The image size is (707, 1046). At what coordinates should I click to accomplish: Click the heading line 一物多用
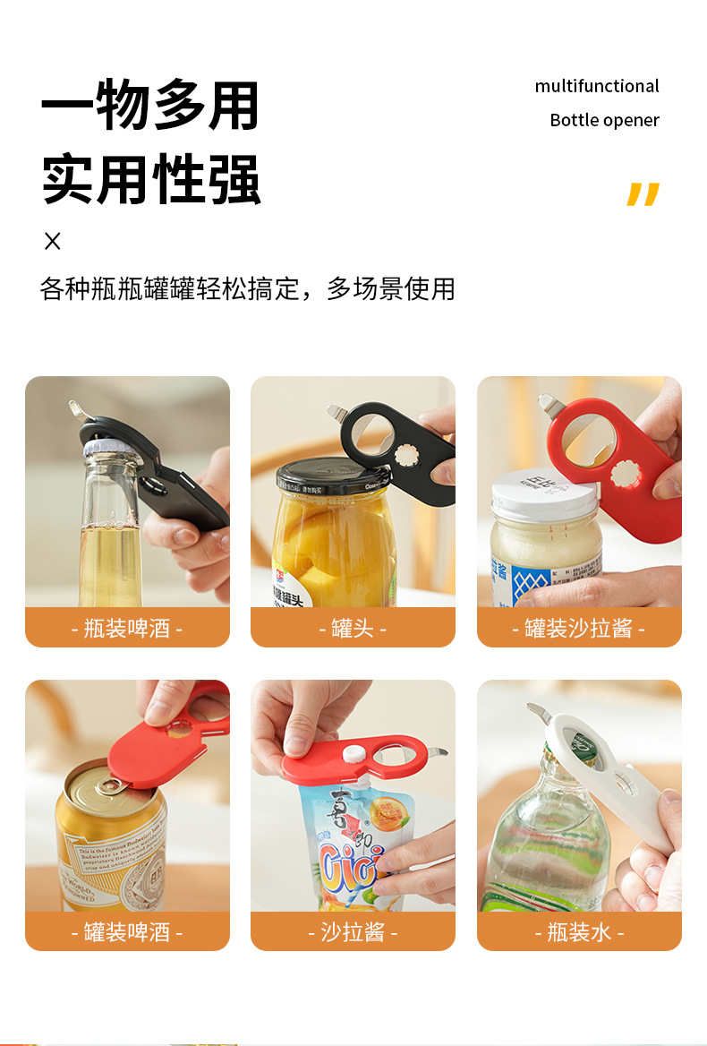150,107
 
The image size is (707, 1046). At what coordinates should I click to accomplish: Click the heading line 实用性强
150,179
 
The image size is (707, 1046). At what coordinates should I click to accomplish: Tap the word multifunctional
597,86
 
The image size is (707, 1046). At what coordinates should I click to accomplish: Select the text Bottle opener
604,120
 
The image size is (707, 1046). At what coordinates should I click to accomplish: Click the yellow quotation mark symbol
643,194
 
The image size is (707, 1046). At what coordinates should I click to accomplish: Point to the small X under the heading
53,241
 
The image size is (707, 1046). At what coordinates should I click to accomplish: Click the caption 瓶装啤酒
127,628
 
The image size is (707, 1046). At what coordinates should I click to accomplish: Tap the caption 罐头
353,628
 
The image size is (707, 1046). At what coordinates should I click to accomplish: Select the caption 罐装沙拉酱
579,628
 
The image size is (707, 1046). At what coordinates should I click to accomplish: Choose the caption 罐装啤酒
127,931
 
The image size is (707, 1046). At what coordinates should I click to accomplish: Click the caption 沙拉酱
353,931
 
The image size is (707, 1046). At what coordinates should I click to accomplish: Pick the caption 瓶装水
579,931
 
